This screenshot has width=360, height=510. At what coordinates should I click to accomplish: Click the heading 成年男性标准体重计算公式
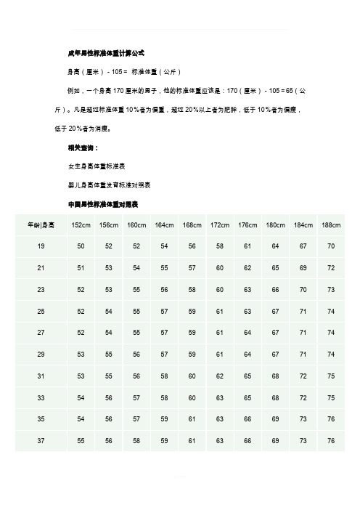[x=105, y=53]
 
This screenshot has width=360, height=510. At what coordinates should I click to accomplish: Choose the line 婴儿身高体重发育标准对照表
[x=109, y=184]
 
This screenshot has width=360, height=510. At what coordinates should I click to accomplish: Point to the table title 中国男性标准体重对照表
[x=102, y=203]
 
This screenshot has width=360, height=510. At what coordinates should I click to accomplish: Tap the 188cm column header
[x=330, y=225]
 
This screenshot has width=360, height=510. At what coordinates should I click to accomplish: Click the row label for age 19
[x=40, y=248]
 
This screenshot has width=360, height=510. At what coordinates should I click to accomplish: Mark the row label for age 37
[x=40, y=440]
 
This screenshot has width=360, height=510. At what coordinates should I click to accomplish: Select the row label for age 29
[x=40, y=355]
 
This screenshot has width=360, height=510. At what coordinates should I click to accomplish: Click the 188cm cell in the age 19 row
[x=330, y=248]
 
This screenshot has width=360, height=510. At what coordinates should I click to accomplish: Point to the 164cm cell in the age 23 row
[x=164, y=291]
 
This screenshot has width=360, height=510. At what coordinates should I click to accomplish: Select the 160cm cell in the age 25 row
[x=136, y=312]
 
